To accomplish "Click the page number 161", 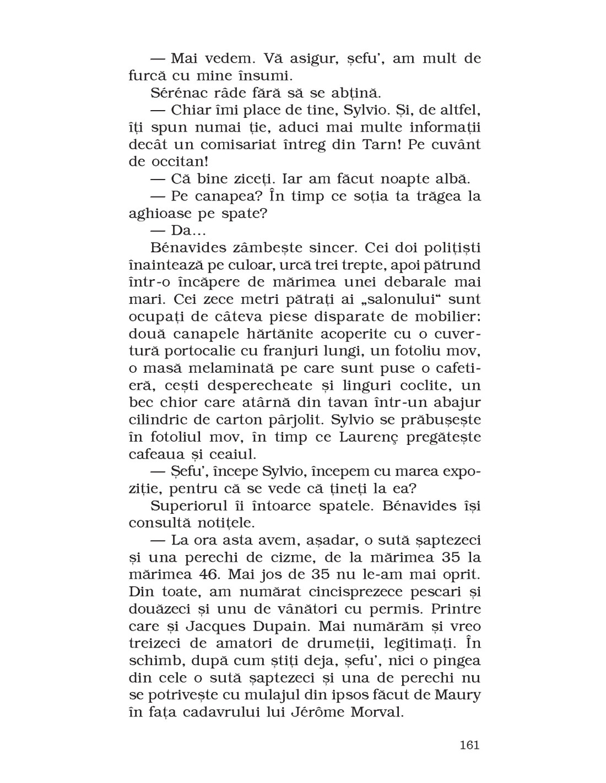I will pos(469,745).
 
